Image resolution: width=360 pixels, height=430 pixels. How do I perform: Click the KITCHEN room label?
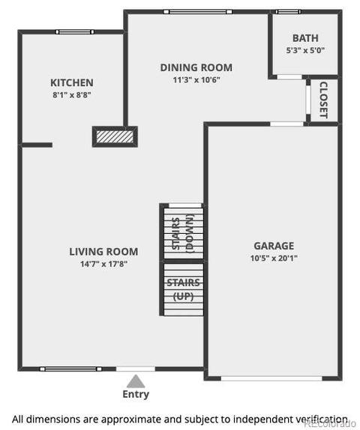coord(72,82)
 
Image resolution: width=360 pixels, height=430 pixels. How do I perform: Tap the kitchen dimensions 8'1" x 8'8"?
coord(72,95)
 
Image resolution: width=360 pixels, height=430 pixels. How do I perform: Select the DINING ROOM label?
coord(196,67)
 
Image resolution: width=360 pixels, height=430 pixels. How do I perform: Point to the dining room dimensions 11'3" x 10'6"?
coord(196,80)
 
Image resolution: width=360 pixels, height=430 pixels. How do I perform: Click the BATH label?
coord(305,38)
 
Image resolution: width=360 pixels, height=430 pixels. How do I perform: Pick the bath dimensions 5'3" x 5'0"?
coord(305,50)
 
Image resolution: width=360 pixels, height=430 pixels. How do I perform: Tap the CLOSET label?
coord(323,100)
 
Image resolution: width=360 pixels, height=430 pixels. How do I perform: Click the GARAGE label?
coord(274,246)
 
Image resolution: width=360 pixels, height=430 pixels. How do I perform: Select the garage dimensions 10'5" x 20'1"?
coord(274,258)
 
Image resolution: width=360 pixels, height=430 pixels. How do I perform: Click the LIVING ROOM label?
coord(103,252)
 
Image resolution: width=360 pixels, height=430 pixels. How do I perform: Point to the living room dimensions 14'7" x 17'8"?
coord(103,264)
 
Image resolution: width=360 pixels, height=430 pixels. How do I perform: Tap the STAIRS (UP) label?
coord(184,289)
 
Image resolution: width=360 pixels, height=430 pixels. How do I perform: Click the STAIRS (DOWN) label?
coord(183,234)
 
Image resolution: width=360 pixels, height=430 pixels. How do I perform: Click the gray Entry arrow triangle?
coord(136,381)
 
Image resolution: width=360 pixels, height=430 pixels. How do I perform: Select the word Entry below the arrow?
coord(136,394)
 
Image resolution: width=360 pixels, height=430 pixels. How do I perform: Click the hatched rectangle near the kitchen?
coord(115,136)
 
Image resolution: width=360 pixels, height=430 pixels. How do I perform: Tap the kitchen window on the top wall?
coord(75,31)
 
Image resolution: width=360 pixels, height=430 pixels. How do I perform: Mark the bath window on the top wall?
coord(288,12)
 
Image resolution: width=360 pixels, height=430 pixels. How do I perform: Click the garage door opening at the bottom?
coord(271,378)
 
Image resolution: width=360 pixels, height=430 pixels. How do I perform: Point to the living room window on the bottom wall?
coord(70,369)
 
